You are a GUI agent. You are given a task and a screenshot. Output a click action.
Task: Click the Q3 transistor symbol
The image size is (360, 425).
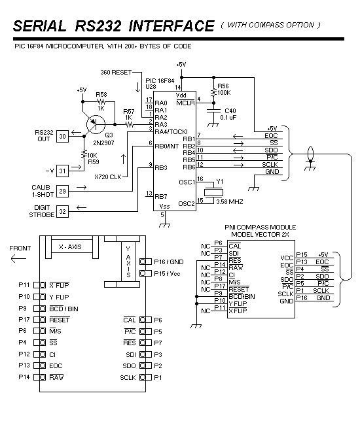[x=96, y=124]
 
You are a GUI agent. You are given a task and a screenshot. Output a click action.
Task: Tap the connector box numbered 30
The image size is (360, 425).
[x=62, y=137]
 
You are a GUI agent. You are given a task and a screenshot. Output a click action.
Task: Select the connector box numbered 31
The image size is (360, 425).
[x=62, y=171]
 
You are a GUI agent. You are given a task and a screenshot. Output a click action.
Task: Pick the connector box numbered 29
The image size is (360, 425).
[x=62, y=192]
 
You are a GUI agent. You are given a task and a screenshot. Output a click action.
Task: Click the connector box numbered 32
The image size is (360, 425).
[x=62, y=211]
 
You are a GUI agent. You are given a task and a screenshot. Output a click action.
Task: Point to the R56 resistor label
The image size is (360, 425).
[x=223, y=86]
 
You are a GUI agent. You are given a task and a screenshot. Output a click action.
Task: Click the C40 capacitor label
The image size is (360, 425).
[x=230, y=111]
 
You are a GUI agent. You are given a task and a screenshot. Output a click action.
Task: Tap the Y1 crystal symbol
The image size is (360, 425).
[x=213, y=192]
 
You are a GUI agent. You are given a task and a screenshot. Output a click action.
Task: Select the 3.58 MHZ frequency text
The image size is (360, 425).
[x=230, y=202]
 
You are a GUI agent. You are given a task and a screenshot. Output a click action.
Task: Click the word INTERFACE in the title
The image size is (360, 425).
[x=171, y=26]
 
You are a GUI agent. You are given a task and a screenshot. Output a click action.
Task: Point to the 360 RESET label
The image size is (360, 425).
[x=116, y=73]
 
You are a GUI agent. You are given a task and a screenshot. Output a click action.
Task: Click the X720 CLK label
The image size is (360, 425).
[x=108, y=177]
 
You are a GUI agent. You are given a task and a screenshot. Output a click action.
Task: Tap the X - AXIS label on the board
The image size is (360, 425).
[x=70, y=247]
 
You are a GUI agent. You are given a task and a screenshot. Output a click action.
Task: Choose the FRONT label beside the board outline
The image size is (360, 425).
[x=20, y=248]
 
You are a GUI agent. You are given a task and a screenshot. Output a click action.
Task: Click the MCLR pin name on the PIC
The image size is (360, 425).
[x=185, y=103]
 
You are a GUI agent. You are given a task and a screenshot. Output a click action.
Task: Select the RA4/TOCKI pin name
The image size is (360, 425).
[x=171, y=132]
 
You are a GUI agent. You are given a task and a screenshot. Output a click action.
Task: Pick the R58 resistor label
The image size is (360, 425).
[x=101, y=95]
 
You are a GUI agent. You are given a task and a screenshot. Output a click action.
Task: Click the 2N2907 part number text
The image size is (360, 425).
[x=103, y=143]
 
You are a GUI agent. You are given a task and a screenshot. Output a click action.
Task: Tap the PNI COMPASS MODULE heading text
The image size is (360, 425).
[x=260, y=227]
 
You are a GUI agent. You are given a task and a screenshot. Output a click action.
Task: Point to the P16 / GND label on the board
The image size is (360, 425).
[x=169, y=262]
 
